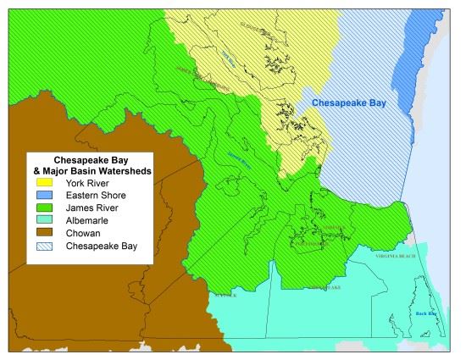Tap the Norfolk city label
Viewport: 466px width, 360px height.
tap(336, 227)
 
